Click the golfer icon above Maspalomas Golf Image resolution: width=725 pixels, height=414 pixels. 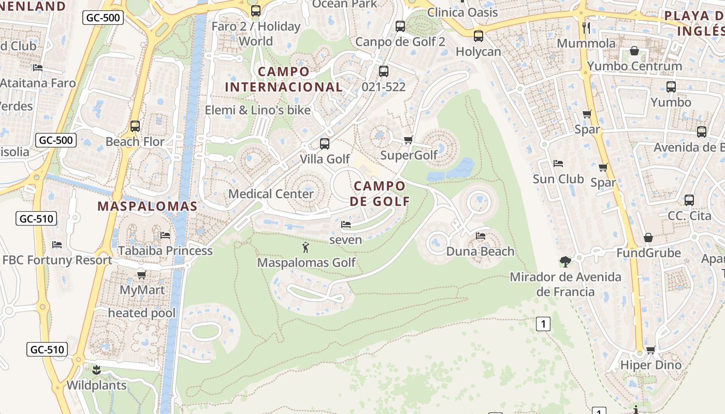click(x=306, y=247)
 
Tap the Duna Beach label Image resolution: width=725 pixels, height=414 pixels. click(x=480, y=252)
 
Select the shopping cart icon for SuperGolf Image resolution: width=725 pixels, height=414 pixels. click(x=408, y=140)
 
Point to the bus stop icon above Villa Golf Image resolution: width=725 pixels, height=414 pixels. click(x=325, y=143)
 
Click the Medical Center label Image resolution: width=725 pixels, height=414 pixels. click(x=271, y=194)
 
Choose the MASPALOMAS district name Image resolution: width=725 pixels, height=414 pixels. click(x=148, y=206)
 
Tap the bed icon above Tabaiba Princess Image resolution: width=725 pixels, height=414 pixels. click(x=165, y=235)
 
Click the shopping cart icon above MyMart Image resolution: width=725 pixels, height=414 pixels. click(x=141, y=275)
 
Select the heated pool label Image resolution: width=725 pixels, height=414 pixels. click(x=141, y=313)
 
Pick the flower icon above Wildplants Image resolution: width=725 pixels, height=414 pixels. click(x=96, y=370)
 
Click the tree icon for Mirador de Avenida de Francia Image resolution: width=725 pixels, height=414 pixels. click(x=565, y=261)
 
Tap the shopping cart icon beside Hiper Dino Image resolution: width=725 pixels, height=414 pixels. click(x=651, y=350)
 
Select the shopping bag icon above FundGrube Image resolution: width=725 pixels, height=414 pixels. click(x=648, y=238)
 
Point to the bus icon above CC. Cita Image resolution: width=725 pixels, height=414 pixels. click(x=689, y=200)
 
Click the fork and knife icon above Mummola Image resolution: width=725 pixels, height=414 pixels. click(x=586, y=27)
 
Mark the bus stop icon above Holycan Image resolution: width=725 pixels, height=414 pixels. click(x=479, y=36)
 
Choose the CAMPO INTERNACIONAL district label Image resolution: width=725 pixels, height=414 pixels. click(x=284, y=79)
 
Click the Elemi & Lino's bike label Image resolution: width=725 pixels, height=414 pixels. click(x=257, y=110)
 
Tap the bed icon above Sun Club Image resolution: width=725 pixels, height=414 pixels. click(x=558, y=164)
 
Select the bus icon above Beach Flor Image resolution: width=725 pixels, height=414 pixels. click(x=135, y=126)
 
